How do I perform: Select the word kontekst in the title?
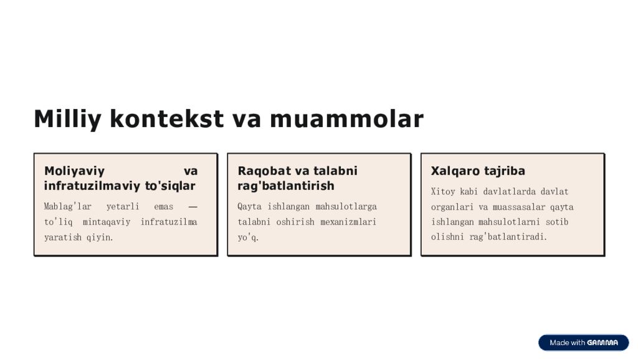166,119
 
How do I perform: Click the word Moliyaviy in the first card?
74,171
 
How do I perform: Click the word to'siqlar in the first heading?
170,186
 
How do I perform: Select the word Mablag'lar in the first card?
67,206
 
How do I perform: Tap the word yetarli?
123,206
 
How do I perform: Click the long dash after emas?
193,206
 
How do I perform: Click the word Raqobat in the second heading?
262,171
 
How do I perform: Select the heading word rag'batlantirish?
286,186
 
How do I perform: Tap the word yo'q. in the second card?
248,237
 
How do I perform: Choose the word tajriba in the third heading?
505,171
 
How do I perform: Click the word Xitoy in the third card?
443,191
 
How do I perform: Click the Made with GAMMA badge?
583,343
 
